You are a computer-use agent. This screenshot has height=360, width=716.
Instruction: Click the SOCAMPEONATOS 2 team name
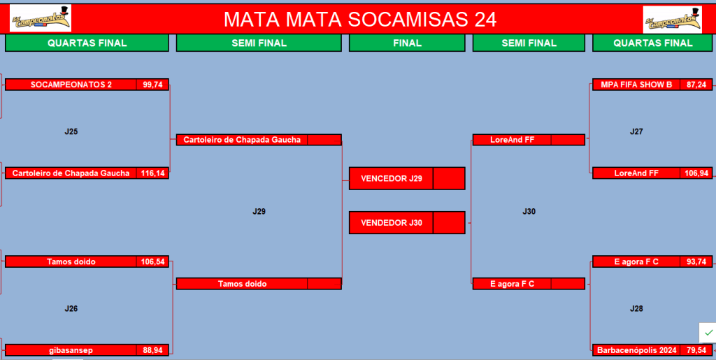pos(71,85)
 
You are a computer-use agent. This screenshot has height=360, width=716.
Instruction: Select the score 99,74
pos(152,85)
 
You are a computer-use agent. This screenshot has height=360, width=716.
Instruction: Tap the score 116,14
pos(152,173)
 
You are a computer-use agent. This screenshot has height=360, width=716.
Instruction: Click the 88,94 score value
pos(152,350)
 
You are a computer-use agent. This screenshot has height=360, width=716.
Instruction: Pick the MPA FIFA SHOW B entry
pos(636,85)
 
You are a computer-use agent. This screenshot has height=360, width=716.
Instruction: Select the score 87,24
pos(696,85)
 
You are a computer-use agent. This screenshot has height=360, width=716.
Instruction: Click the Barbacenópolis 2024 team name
pos(636,350)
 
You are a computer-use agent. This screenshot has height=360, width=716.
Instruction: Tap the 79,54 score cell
pos(696,350)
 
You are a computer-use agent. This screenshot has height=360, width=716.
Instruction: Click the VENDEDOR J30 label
pos(391,223)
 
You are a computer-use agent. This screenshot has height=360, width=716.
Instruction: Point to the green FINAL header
pos(407,43)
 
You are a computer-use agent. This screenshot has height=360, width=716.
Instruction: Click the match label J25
pos(71,132)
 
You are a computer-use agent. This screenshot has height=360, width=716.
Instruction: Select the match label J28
pos(636,309)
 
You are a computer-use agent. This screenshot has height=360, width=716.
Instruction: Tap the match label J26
pos(71,309)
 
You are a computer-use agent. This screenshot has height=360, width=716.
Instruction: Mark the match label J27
pos(636,132)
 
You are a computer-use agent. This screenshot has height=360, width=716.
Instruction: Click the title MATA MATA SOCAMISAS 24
pos(360,19)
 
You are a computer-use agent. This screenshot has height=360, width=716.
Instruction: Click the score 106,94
pos(696,173)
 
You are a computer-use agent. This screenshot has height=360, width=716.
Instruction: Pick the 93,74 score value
pos(696,261)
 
